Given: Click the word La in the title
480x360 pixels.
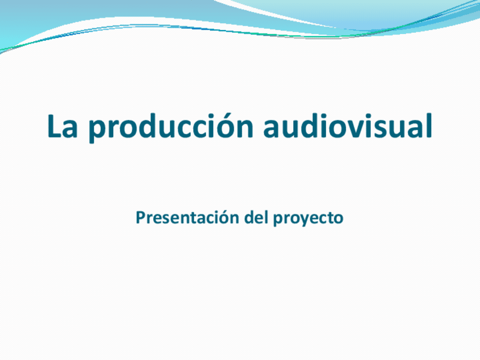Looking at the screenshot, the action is point(62,126).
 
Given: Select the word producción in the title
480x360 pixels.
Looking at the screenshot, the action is point(171,126).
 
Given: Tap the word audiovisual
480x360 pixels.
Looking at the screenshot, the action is point(348,126).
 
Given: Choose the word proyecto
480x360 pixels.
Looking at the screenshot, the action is point(308,218).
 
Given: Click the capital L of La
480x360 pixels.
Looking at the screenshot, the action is point(54,126).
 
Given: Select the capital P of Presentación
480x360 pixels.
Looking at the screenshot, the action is point(140,218).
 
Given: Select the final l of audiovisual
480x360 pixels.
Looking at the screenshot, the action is point(428,126).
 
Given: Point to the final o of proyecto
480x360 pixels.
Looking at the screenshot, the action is point(338,220).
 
